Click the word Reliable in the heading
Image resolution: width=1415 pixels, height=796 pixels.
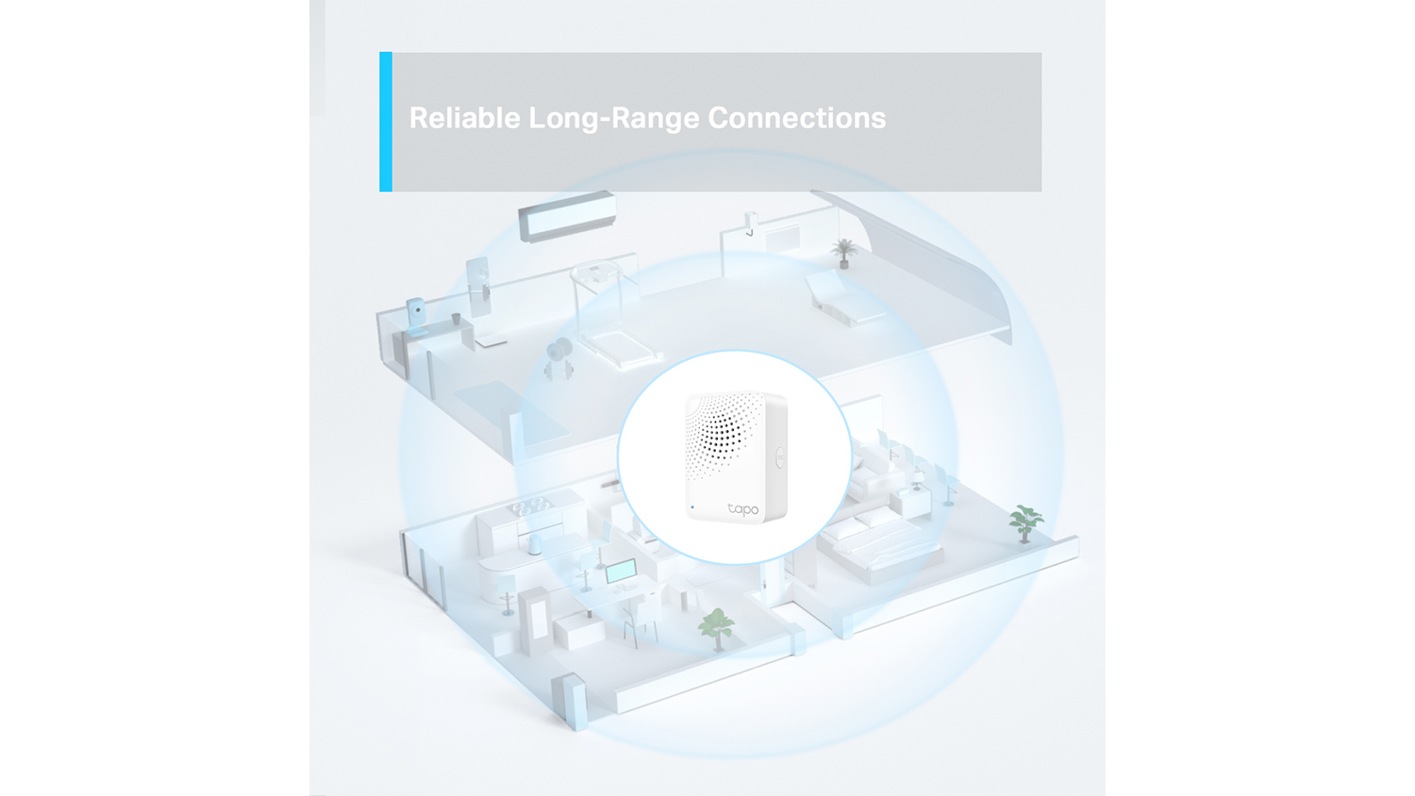click(465, 118)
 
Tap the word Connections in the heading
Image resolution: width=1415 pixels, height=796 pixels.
click(796, 118)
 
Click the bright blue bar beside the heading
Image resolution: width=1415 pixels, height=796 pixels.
click(385, 122)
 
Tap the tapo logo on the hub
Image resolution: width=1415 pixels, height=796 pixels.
click(743, 509)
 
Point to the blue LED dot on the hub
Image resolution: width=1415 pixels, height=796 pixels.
click(692, 506)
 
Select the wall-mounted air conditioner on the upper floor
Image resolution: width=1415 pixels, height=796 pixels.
click(567, 216)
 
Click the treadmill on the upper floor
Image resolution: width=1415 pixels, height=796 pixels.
click(613, 316)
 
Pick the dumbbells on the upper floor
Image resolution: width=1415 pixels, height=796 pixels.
click(558, 357)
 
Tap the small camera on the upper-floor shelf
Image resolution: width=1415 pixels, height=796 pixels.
click(416, 316)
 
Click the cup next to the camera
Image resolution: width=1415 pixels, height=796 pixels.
click(456, 319)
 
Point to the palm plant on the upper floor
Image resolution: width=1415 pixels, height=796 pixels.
click(843, 254)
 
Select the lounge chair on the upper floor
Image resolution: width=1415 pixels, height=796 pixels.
click(844, 299)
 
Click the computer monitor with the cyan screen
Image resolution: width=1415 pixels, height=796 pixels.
click(621, 572)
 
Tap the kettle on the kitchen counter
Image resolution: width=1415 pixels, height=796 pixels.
click(535, 544)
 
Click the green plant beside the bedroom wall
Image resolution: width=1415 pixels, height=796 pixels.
click(1024, 523)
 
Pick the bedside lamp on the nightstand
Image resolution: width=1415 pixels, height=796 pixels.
click(916, 479)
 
